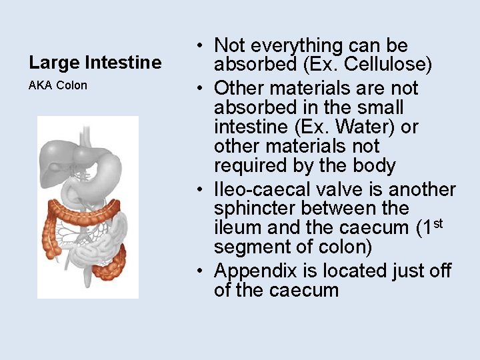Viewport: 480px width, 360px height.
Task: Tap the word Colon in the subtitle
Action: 72,85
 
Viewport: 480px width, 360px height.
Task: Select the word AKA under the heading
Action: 41,85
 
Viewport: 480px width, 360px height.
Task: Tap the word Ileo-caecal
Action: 266,189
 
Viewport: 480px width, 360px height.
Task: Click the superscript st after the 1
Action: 437,223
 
